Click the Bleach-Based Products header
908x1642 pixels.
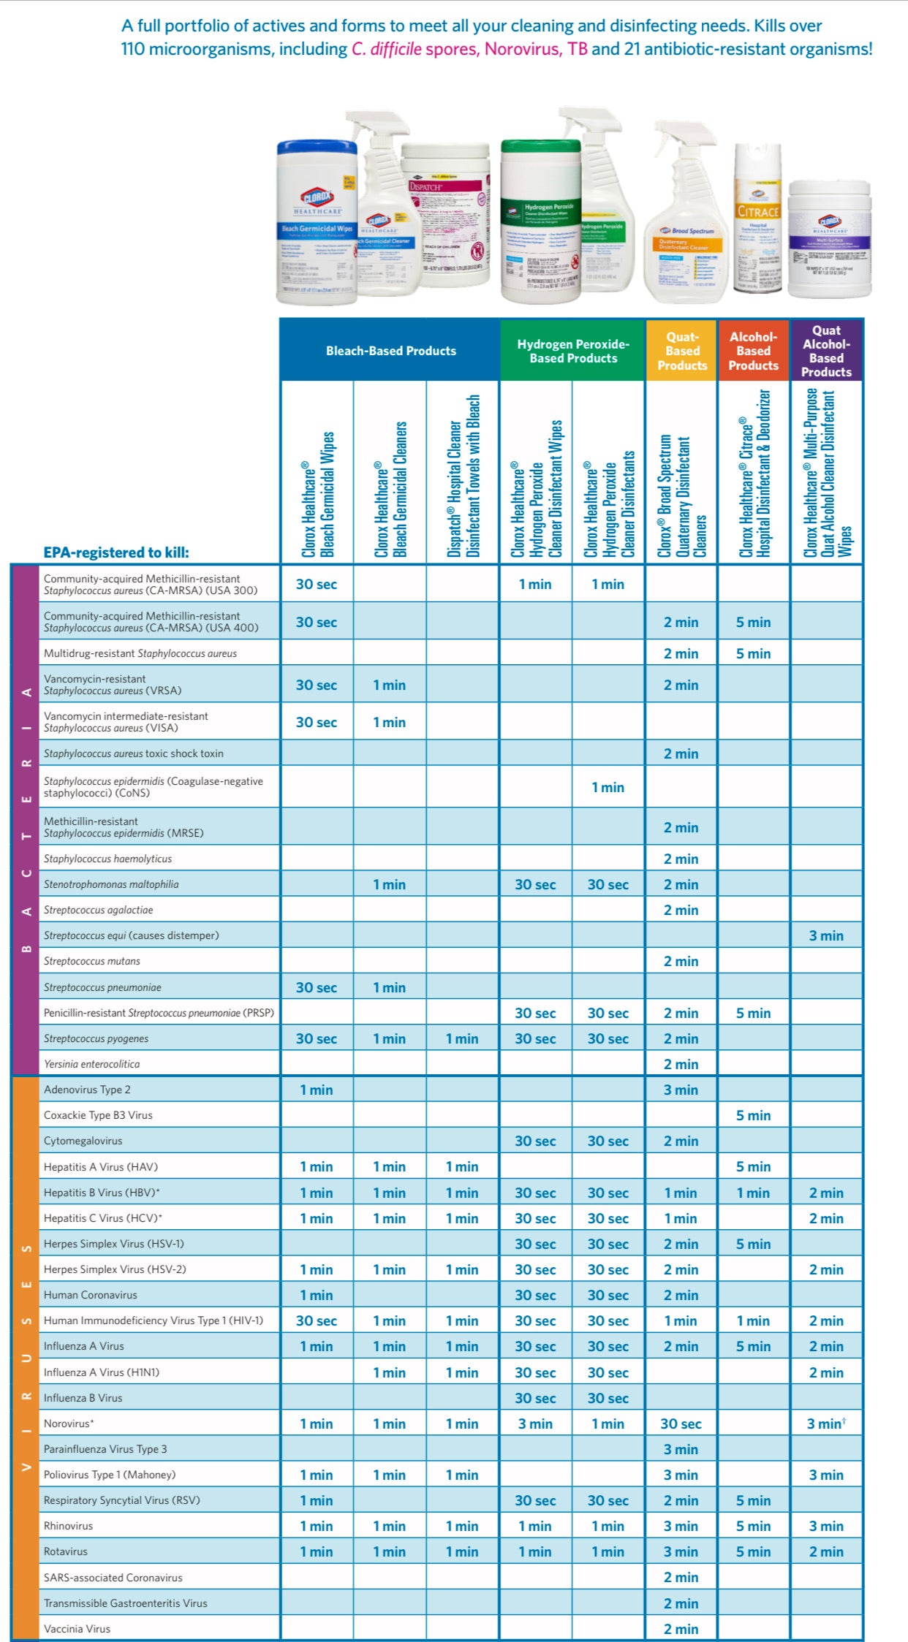[390, 351]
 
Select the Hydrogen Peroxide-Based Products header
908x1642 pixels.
[573, 351]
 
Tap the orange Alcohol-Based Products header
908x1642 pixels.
[753, 351]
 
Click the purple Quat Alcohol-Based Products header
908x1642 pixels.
[826, 351]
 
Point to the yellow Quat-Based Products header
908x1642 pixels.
[682, 351]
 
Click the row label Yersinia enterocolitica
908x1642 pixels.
[91, 1064]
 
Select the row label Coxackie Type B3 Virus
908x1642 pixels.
[98, 1115]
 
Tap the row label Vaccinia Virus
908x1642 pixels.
[77, 1629]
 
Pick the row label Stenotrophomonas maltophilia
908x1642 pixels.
[111, 884]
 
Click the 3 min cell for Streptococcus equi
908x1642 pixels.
[826, 935]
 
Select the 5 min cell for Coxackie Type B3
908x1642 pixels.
[753, 1115]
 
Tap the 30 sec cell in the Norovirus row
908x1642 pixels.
[681, 1424]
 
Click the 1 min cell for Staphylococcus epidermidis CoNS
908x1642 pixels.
[608, 787]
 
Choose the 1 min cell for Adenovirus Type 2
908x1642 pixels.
[316, 1090]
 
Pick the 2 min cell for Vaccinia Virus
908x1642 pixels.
[681, 1629]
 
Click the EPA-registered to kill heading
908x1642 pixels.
[116, 552]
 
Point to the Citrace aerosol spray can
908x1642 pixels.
[757, 219]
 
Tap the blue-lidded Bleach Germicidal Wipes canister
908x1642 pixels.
[316, 223]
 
